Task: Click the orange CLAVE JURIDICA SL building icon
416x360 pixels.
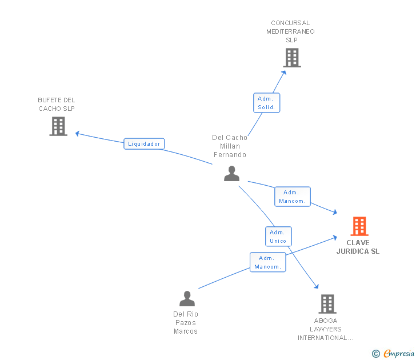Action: (359, 226)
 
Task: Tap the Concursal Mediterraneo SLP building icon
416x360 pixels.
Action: (291, 57)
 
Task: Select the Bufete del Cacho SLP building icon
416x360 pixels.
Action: (58, 126)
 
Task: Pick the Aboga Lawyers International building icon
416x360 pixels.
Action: (327, 303)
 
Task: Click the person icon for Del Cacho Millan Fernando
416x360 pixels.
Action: (231, 173)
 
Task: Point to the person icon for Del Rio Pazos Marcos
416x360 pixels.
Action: (187, 298)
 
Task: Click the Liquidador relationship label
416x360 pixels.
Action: (144, 144)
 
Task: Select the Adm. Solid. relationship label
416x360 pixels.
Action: (266, 103)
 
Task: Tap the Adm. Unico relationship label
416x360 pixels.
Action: (278, 237)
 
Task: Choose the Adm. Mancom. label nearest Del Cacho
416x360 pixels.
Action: (293, 197)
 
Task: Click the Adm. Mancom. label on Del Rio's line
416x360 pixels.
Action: (267, 262)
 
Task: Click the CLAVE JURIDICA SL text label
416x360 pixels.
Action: (358, 247)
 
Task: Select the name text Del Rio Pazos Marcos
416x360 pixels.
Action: (186, 323)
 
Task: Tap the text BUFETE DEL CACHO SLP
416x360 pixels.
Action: (57, 105)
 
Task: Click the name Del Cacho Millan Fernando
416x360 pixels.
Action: (230, 146)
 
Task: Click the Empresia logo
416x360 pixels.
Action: (399, 354)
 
